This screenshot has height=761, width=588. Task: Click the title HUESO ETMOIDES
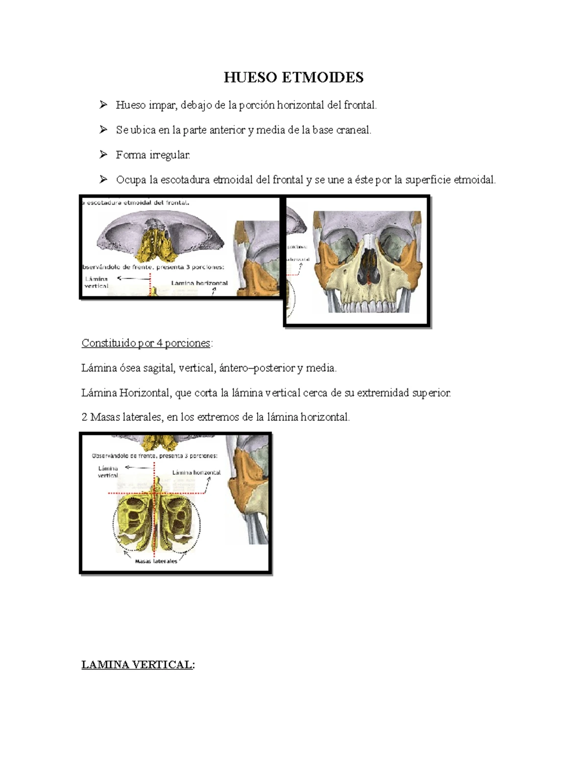294,77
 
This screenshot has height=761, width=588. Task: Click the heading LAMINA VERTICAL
138,665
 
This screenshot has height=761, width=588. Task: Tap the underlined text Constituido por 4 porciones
146,343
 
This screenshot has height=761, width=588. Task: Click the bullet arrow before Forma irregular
103,154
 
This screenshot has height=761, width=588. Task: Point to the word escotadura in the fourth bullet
186,180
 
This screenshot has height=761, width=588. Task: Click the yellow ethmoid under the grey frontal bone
157,244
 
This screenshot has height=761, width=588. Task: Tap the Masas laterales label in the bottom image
156,561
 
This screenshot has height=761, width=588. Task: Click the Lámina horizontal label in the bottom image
196,472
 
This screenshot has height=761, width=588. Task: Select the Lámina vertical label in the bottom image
108,471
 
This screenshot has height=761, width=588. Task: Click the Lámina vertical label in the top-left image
96,282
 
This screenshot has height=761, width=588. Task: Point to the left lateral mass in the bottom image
133,522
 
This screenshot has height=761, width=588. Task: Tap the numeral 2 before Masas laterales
84,417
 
